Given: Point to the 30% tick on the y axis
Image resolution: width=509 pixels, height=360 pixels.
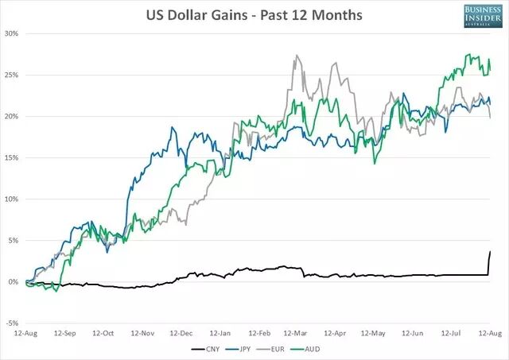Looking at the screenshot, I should point(12,33).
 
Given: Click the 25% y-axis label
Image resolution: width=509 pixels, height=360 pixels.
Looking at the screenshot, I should point(12,75).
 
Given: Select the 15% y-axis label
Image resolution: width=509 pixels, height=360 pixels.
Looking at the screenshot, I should point(12,157).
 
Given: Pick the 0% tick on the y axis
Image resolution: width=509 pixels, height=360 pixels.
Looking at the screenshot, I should point(14,281).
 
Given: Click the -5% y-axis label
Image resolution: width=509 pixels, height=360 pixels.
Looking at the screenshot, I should point(13,323).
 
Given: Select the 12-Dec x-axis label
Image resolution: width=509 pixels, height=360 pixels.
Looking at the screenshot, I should point(181,334).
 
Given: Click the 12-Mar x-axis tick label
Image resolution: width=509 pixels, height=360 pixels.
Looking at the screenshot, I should point(297,334).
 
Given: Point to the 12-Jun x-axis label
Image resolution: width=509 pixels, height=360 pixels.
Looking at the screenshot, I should point(414,334).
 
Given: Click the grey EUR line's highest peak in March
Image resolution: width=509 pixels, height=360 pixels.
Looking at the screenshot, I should point(297,56).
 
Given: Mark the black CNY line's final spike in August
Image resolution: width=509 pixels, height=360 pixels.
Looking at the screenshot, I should point(490,252).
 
